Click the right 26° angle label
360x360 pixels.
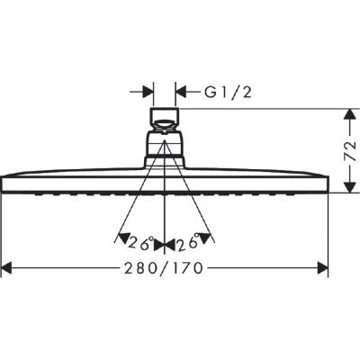[x=190, y=242]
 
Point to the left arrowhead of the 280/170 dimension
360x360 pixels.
[x=7, y=267]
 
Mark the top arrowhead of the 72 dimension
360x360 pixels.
[x=347, y=113]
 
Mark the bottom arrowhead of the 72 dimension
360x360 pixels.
[x=347, y=187]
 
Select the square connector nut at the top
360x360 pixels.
[x=165, y=118]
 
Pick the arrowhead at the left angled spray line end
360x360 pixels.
[x=121, y=238]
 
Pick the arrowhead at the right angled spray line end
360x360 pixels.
[x=210, y=238]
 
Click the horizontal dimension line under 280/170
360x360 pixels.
[x=90, y=267]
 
